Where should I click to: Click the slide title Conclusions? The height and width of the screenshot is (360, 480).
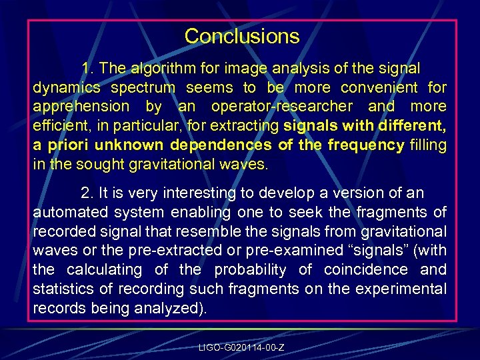[x=242, y=36]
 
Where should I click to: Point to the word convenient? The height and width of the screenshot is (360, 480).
[x=380, y=88]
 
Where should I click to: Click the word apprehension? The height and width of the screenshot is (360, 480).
[x=81, y=107]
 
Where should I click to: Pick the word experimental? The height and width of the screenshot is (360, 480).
[x=405, y=289]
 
